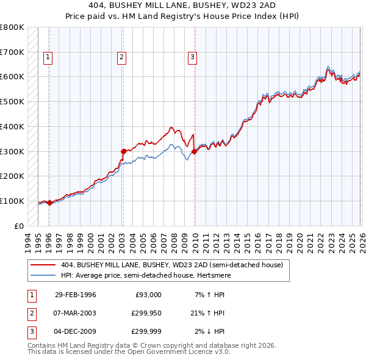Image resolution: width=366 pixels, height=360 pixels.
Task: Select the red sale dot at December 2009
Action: click(195, 151)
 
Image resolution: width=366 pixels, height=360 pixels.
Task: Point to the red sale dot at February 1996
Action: click(49, 203)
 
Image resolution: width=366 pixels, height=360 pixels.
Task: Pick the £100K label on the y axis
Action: click(12, 201)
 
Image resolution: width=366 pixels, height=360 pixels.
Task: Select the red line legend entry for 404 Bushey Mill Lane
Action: click(171, 265)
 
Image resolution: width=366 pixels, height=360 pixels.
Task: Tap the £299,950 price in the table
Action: click(146, 313)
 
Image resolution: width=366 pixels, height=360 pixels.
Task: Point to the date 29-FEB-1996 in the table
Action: click(75, 295)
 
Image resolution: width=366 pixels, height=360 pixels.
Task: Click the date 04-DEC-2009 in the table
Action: click(75, 331)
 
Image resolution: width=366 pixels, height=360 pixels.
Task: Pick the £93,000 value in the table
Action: click(148, 295)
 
